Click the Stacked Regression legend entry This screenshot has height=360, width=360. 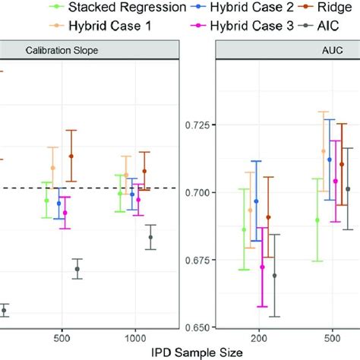106,8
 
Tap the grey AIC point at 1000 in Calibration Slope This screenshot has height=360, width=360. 150,237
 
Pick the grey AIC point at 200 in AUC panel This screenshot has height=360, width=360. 274,276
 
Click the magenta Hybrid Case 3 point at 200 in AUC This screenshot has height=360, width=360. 262,267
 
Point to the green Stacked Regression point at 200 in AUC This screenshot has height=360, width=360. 244,229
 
